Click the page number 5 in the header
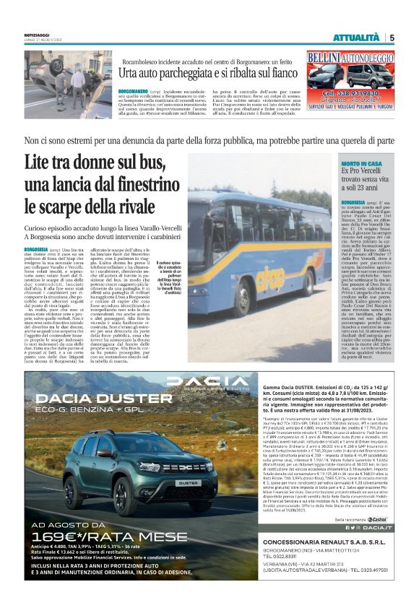(x=392, y=38)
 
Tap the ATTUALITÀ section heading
(x=355, y=38)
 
